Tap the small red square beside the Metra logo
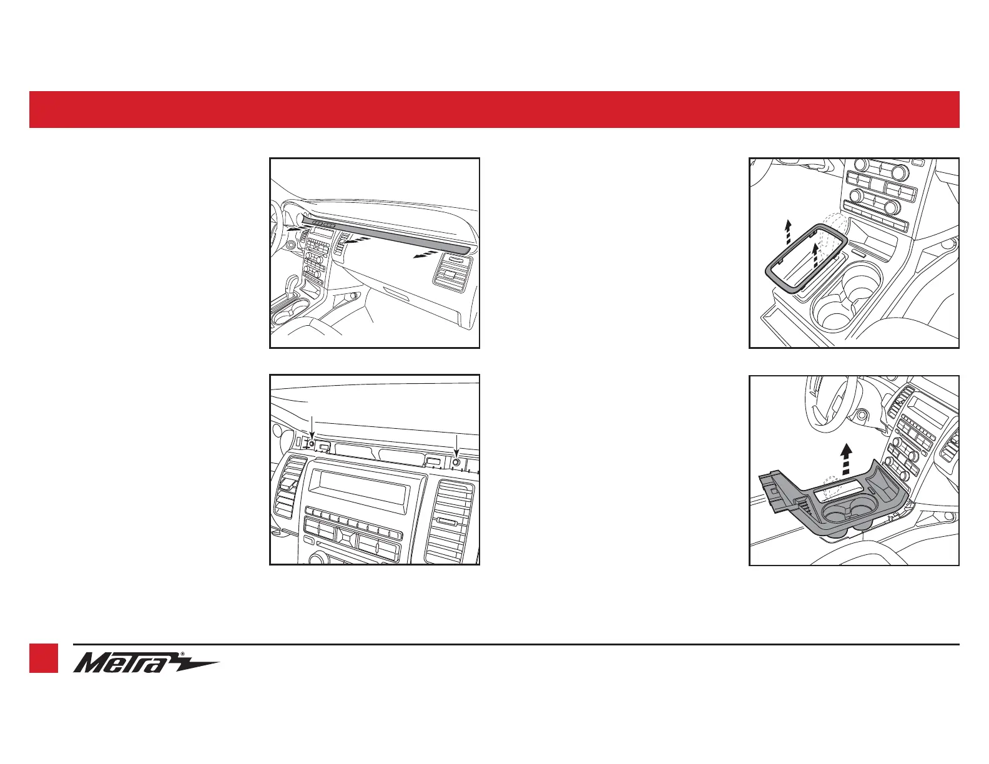(x=44, y=659)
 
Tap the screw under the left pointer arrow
(x=312, y=444)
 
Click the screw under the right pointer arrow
(x=457, y=463)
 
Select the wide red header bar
(x=494, y=109)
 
